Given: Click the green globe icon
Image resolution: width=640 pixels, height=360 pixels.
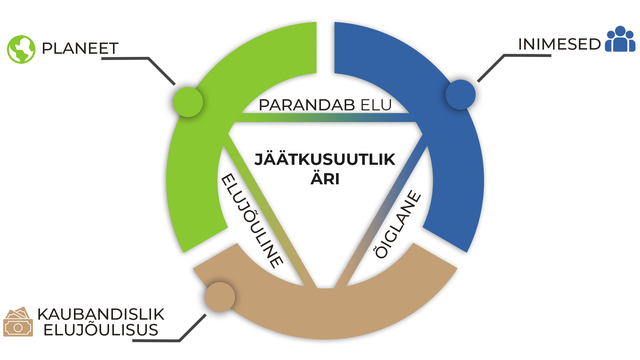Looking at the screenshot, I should tap(21, 49).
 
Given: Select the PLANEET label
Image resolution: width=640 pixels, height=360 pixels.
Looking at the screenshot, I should tap(80, 49).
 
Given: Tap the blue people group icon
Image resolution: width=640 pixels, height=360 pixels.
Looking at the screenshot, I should tap(620, 39).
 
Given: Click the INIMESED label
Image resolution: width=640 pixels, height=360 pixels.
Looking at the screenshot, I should tap(559, 44).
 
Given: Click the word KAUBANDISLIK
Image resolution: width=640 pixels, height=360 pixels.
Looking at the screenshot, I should tap(101, 314).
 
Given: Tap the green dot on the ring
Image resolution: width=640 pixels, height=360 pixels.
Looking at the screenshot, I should tap(188, 102).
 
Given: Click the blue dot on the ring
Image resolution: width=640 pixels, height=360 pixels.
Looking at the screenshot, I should tap(460, 94).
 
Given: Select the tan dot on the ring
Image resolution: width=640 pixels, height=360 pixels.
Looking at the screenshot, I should tap(220, 297).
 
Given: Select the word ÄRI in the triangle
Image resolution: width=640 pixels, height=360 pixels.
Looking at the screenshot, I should tap(325, 179).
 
